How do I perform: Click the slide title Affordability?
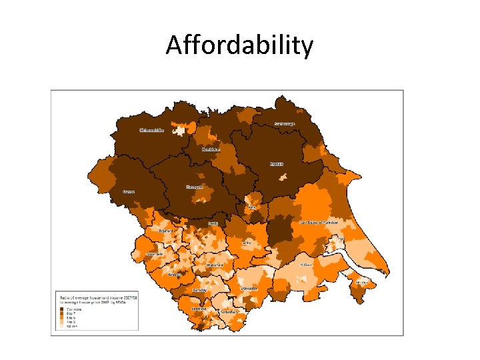[239, 45]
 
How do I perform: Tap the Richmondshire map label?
[151, 130]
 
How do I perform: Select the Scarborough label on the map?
[285, 123]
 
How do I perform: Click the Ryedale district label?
[277, 163]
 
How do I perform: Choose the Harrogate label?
[195, 187]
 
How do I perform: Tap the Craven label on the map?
[129, 191]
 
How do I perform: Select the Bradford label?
[165, 231]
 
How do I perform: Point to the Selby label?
[247, 243]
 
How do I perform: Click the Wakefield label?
[215, 265]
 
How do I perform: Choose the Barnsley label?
[199, 291]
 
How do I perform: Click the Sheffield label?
[199, 309]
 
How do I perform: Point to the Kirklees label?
[174, 274]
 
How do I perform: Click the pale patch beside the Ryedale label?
[283, 177]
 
